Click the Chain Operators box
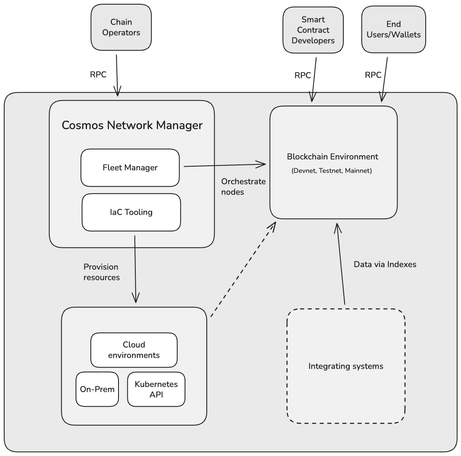121,27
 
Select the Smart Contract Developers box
313,30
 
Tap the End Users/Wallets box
393,29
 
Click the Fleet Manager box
130,167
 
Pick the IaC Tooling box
131,212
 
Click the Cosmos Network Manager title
132,125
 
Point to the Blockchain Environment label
332,157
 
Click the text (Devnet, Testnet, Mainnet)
332,171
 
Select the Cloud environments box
134,350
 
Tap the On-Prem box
97,389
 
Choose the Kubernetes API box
156,389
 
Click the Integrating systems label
346,366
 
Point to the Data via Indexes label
385,265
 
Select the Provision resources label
101,272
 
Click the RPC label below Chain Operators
98,75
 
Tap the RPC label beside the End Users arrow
373,75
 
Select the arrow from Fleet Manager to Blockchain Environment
225,165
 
